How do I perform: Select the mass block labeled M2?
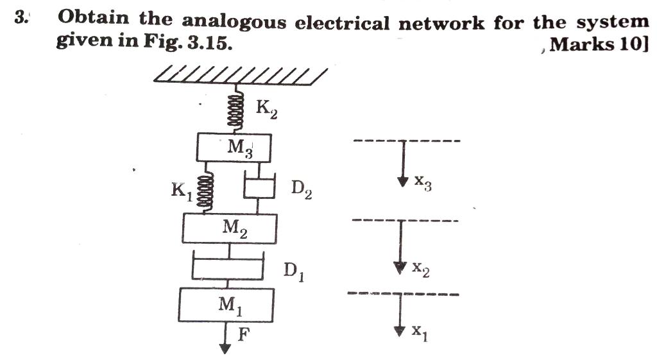230,228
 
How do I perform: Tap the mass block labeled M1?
226,305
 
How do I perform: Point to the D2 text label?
302,190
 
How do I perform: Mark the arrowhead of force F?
225,348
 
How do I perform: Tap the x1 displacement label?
418,332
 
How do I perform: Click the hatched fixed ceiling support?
237,75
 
